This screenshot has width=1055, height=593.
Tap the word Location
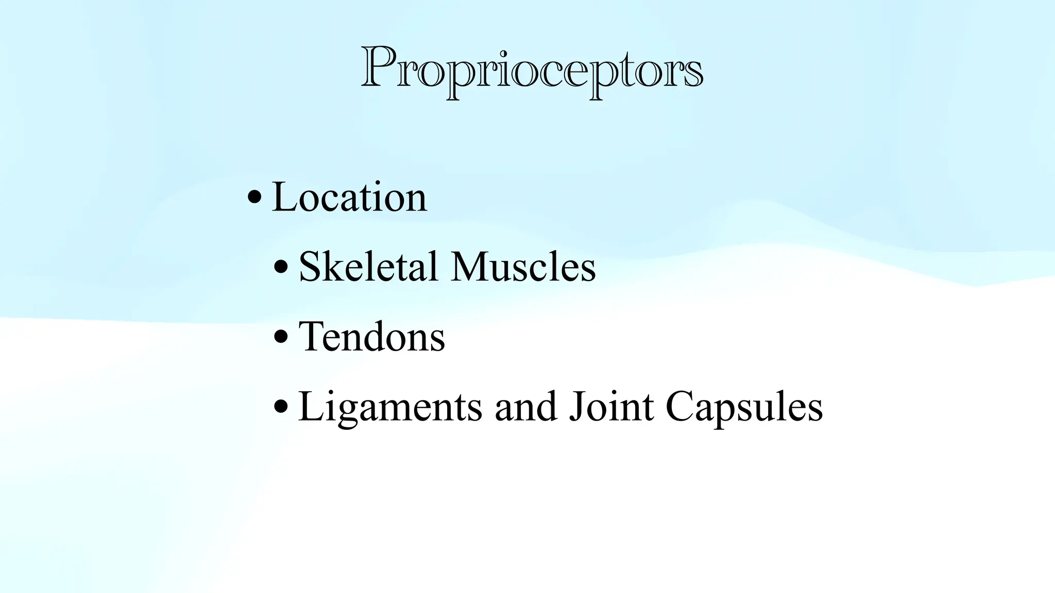pyautogui.click(x=349, y=197)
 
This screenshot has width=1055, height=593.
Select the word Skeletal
pyautogui.click(x=368, y=267)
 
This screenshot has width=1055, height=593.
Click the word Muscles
pyautogui.click(x=523, y=267)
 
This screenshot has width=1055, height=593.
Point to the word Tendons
pyautogui.click(x=371, y=337)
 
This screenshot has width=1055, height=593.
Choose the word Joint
pyautogui.click(x=611, y=407)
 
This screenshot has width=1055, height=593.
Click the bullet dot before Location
pyautogui.click(x=254, y=197)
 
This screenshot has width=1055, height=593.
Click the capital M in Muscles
pyautogui.click(x=470, y=267)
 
